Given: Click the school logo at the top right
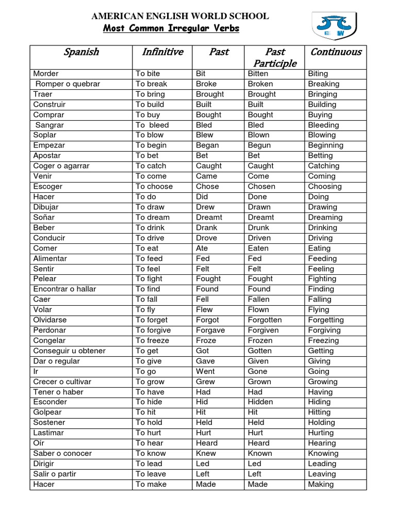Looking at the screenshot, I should coord(336,26).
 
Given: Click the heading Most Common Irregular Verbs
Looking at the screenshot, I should coord(171,28).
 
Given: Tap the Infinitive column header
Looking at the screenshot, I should coord(162,52).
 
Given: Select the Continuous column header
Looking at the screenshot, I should coord(335,52).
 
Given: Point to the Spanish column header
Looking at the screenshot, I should coord(81,52).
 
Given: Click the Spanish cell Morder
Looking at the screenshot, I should coord(46,73).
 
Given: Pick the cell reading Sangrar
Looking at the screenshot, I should coord(49,125).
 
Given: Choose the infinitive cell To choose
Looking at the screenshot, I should coord(154,186).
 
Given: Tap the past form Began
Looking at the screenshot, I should coord(207,145).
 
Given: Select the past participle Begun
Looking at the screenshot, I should coord(259,145).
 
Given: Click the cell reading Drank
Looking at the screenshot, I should coord(207,227).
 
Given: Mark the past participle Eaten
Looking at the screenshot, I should coord(258,248).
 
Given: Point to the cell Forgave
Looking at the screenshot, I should coord(210,330).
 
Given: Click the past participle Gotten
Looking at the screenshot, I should coord(259,351).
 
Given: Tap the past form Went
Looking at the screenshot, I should coord(206,371).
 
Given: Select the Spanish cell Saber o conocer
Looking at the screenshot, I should coord(62,453).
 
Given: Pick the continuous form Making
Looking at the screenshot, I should coord(321,484).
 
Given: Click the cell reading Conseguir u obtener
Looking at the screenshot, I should coord(69,351).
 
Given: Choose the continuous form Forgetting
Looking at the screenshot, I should coord(326,320).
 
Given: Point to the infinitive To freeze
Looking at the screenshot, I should coord(153,340).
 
